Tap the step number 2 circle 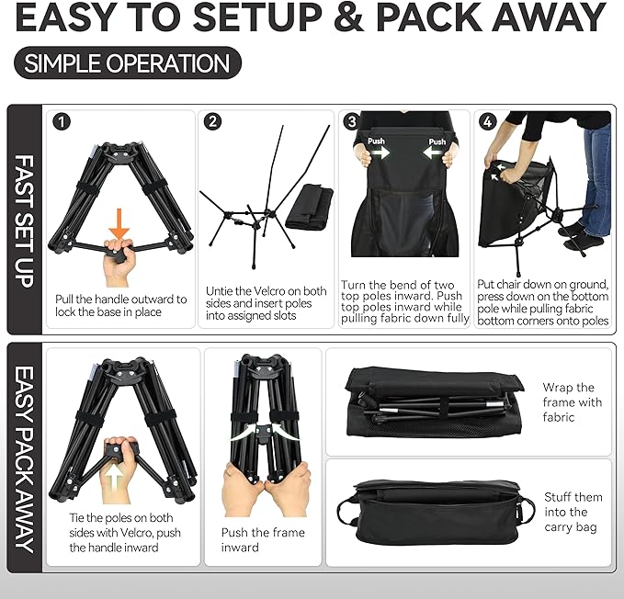(x=213, y=121)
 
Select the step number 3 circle (x=351, y=121)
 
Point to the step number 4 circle (x=487, y=121)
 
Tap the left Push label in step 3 (x=378, y=142)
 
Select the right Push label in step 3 (x=437, y=142)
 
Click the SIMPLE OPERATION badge (x=128, y=62)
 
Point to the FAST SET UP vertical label (x=25, y=220)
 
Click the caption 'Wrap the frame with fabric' (x=571, y=402)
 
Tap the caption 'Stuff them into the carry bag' (x=571, y=512)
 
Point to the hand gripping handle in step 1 (x=120, y=257)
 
